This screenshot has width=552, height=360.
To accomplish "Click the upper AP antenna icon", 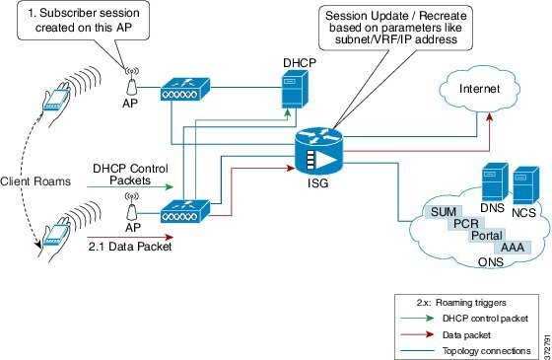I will [x=129, y=72].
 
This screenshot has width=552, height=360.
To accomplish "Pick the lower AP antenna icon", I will [x=129, y=201].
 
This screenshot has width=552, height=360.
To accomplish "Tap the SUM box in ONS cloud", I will [x=440, y=211].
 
